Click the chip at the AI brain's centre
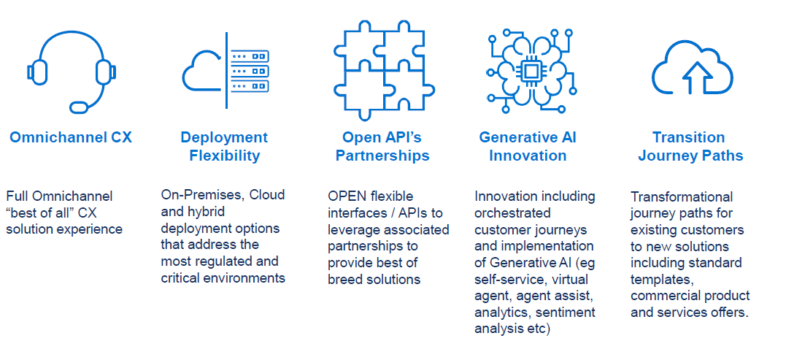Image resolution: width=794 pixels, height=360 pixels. (531, 70)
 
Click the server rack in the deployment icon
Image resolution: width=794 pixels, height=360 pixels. (250, 72)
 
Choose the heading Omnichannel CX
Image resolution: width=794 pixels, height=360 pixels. (71, 137)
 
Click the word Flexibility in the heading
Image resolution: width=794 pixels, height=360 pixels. (224, 156)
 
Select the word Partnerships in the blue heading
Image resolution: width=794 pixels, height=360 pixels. (382, 156)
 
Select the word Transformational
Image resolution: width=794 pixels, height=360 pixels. (682, 196)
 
